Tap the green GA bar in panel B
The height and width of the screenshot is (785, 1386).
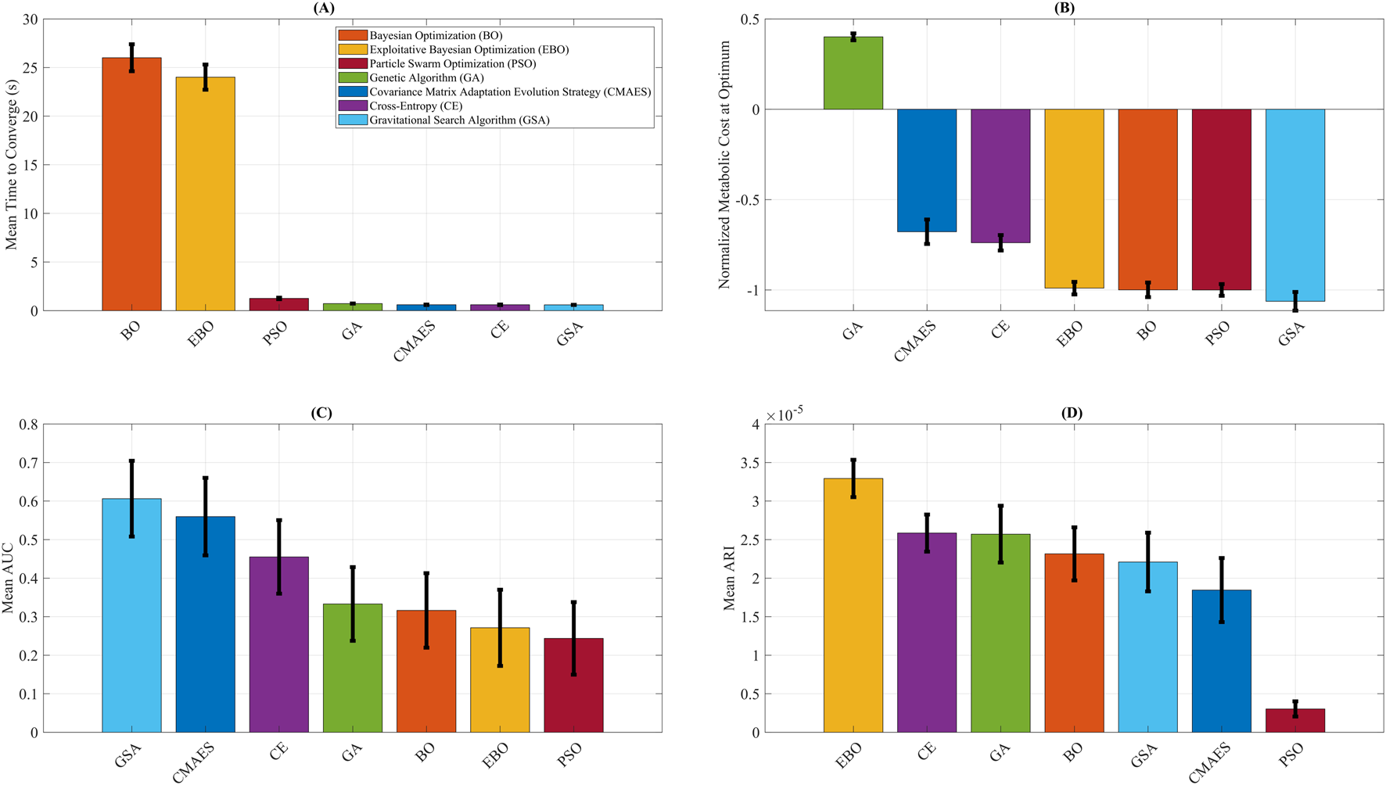pos(853,73)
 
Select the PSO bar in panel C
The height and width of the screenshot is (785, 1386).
pos(573,685)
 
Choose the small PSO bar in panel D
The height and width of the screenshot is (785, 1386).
pos(1294,720)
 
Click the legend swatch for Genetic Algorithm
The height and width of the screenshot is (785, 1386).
pos(352,77)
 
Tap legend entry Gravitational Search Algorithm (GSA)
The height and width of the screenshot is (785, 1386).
pos(459,120)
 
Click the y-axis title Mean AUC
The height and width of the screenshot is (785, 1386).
pos(9,579)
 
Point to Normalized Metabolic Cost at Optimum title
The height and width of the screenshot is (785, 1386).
pos(724,165)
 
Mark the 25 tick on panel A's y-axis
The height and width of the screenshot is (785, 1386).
pos(30,68)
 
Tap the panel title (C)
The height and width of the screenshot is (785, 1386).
pos(321,413)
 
